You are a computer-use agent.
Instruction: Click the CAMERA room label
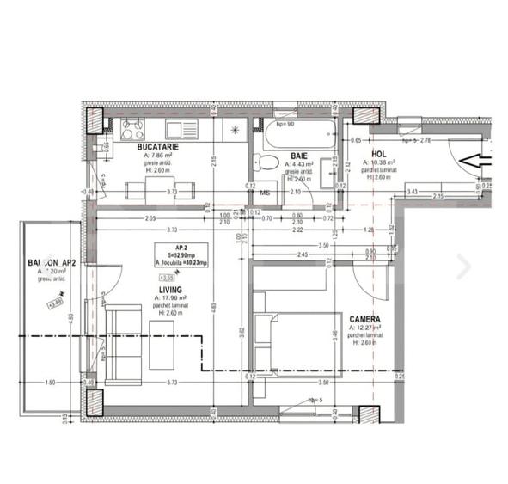366,319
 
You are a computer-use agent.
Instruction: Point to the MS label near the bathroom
265,193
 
